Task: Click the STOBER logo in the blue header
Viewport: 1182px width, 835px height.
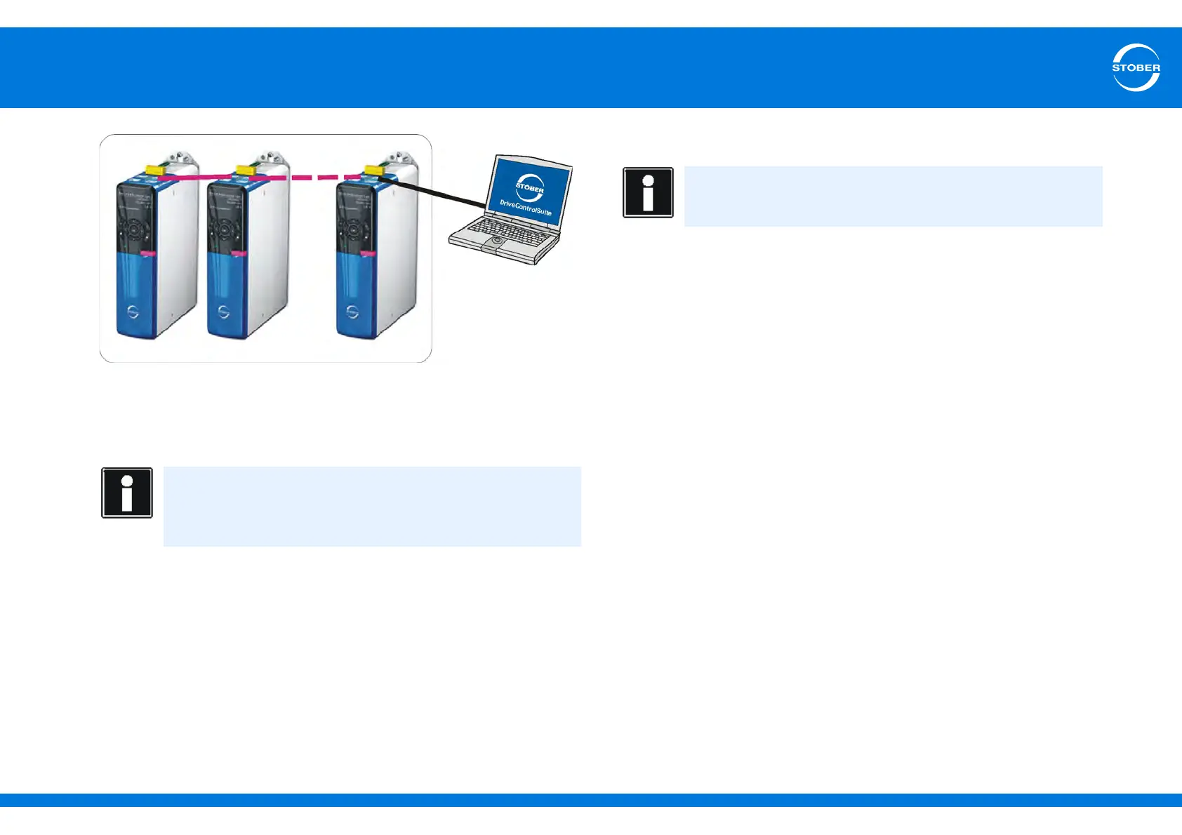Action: [x=1136, y=67]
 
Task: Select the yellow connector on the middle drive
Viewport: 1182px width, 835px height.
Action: [x=245, y=170]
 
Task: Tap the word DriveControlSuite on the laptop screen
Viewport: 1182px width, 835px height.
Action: [x=526, y=208]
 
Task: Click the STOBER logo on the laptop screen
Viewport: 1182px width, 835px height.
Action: [x=530, y=187]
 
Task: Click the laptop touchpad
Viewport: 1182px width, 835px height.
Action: [x=497, y=241]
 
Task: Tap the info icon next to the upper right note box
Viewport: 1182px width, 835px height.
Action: [x=648, y=192]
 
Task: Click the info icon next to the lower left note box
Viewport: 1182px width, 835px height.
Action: [x=127, y=493]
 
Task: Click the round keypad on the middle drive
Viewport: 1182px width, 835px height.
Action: [x=224, y=229]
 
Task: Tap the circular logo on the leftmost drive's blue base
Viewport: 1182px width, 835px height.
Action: [x=133, y=312]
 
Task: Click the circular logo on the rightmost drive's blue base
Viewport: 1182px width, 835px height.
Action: [x=352, y=312]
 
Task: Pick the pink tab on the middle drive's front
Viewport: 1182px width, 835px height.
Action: [x=239, y=253]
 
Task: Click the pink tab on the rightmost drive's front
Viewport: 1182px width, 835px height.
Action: [x=366, y=253]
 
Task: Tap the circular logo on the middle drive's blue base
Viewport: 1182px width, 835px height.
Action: [x=224, y=312]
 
